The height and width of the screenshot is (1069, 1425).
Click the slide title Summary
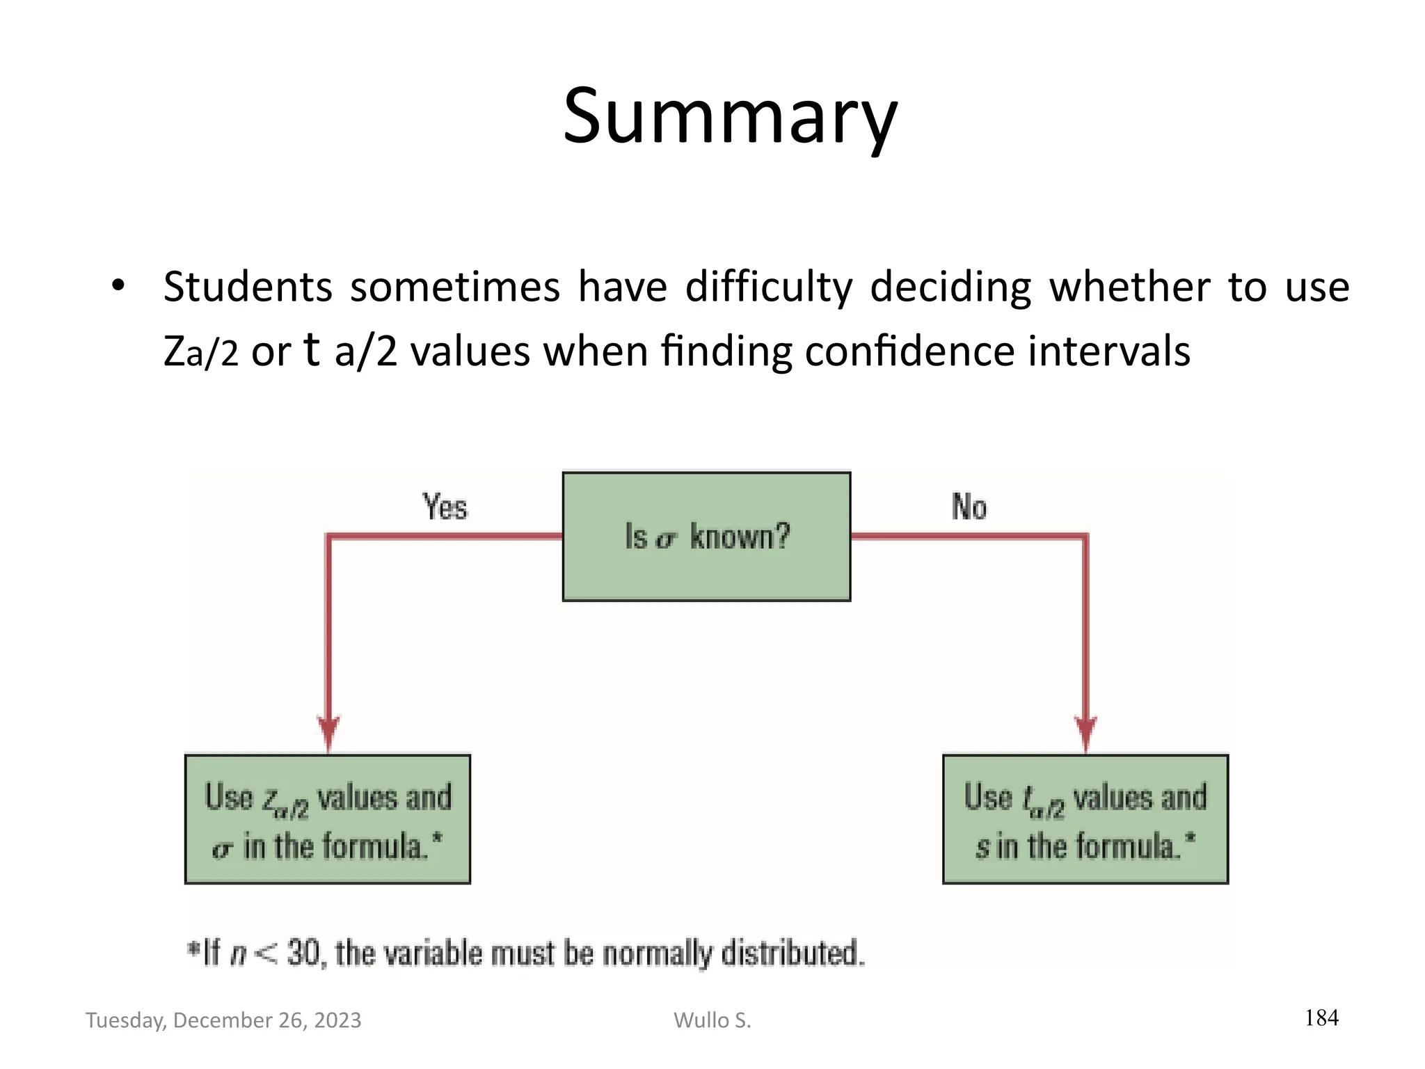point(730,117)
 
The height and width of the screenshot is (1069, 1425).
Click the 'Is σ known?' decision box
point(706,536)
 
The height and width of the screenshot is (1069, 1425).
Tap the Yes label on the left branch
point(445,507)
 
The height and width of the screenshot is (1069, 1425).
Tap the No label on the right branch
point(969,507)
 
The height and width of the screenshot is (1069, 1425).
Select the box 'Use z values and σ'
point(328,819)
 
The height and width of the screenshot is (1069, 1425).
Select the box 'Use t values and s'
point(1085,819)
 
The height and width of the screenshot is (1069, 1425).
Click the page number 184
point(1321,1018)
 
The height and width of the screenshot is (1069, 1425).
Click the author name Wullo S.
point(712,1020)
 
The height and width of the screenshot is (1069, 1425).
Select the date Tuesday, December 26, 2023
point(223,1020)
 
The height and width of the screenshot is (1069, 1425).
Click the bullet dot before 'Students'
point(118,285)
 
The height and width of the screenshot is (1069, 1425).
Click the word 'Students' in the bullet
point(248,287)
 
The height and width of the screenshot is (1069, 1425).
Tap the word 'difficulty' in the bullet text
point(769,287)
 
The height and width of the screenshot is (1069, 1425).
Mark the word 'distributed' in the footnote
point(792,953)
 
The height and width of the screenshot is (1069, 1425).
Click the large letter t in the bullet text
point(312,349)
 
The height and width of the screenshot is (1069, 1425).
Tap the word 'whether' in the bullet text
point(1130,287)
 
